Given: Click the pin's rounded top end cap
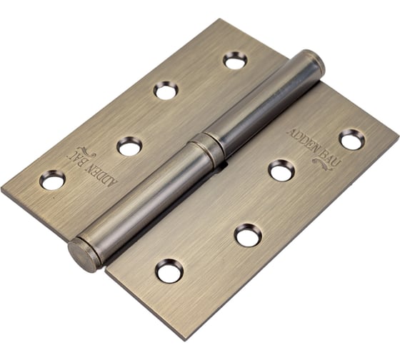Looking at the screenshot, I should coord(313,61).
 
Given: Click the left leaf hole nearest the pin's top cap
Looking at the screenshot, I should coord(234,61).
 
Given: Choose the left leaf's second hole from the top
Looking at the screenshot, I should coord(166,90).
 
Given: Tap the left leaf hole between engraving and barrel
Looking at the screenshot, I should coord(129,146).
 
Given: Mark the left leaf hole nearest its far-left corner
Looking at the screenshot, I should coord(52,180).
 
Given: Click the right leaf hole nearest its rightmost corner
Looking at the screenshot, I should coord(351,139).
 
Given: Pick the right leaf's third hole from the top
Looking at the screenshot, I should coord(248,235).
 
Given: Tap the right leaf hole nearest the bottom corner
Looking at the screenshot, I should coord(169,271).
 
